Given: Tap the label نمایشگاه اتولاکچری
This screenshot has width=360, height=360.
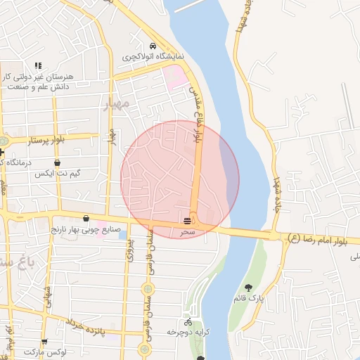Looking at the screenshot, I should tap(153, 56).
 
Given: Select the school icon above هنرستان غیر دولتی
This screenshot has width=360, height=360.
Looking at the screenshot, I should tap(38, 65).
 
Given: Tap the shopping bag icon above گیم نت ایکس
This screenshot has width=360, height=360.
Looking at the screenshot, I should tap(57, 162).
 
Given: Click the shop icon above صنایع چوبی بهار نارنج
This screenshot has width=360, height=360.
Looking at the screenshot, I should tap(86, 219).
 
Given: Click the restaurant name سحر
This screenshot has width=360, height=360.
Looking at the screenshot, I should tap(187, 231).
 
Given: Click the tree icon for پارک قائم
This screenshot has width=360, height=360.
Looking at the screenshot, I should tap(248, 287).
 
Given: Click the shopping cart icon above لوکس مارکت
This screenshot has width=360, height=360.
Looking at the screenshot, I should tap(45, 341).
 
